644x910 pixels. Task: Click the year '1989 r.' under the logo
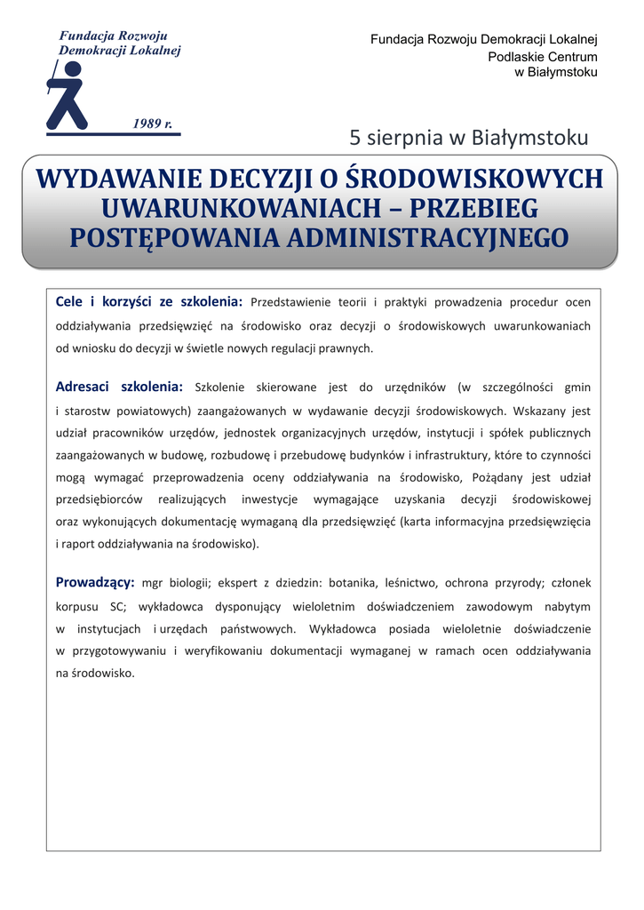click(153, 123)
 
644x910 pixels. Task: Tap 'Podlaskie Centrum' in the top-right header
click(543, 56)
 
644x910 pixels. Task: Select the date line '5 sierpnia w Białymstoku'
click(469, 138)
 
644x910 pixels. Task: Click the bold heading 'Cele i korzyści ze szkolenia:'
click(149, 301)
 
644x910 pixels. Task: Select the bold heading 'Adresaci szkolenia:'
click(119, 387)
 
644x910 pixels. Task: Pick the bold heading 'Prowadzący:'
click(95, 582)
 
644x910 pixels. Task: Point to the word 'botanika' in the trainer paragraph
click(354, 583)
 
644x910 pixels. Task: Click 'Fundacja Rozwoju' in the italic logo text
click(113, 36)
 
